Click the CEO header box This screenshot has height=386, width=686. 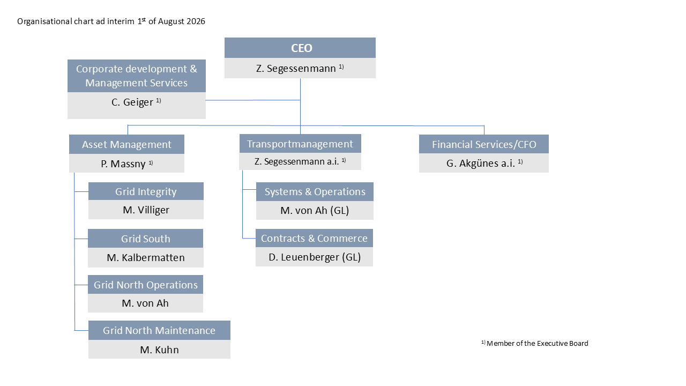pyautogui.click(x=300, y=48)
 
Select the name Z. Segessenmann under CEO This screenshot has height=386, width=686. pyautogui.click(x=296, y=68)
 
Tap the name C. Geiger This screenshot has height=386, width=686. pyautogui.click(x=132, y=102)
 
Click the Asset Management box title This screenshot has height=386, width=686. pyautogui.click(x=126, y=144)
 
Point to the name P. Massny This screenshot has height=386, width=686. pyautogui.click(x=123, y=164)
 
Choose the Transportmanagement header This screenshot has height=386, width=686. pyautogui.click(x=300, y=143)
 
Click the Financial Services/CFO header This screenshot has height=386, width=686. pyautogui.click(x=484, y=144)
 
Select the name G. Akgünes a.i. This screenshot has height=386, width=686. pyautogui.click(x=481, y=164)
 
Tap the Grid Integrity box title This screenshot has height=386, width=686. pyautogui.click(x=146, y=191)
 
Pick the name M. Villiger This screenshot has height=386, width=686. pyautogui.click(x=146, y=210)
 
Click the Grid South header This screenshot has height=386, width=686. pyautogui.click(x=145, y=239)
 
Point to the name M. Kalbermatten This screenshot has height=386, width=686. pyautogui.click(x=146, y=258)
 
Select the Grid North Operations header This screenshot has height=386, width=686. pyautogui.click(x=145, y=285)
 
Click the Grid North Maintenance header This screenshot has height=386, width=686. pyautogui.click(x=159, y=330)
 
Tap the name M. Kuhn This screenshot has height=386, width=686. pyautogui.click(x=159, y=350)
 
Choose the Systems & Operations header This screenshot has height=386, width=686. pyautogui.click(x=315, y=192)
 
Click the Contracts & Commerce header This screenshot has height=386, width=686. pyautogui.click(x=314, y=238)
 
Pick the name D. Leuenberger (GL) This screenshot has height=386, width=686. pyautogui.click(x=315, y=257)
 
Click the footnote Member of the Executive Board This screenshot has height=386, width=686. pyautogui.click(x=537, y=344)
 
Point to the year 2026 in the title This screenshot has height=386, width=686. pyautogui.click(x=196, y=21)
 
